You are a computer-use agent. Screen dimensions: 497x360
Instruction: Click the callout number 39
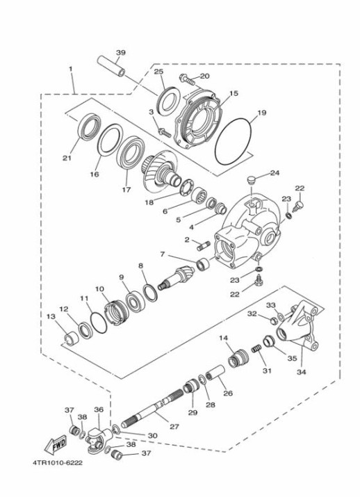121,54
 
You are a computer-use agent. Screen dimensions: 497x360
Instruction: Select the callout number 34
302,373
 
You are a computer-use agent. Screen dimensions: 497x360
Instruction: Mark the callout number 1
70,69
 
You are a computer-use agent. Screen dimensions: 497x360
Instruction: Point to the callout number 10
99,288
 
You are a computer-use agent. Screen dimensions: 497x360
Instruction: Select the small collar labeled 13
69,341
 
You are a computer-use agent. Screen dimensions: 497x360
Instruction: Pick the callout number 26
228,393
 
